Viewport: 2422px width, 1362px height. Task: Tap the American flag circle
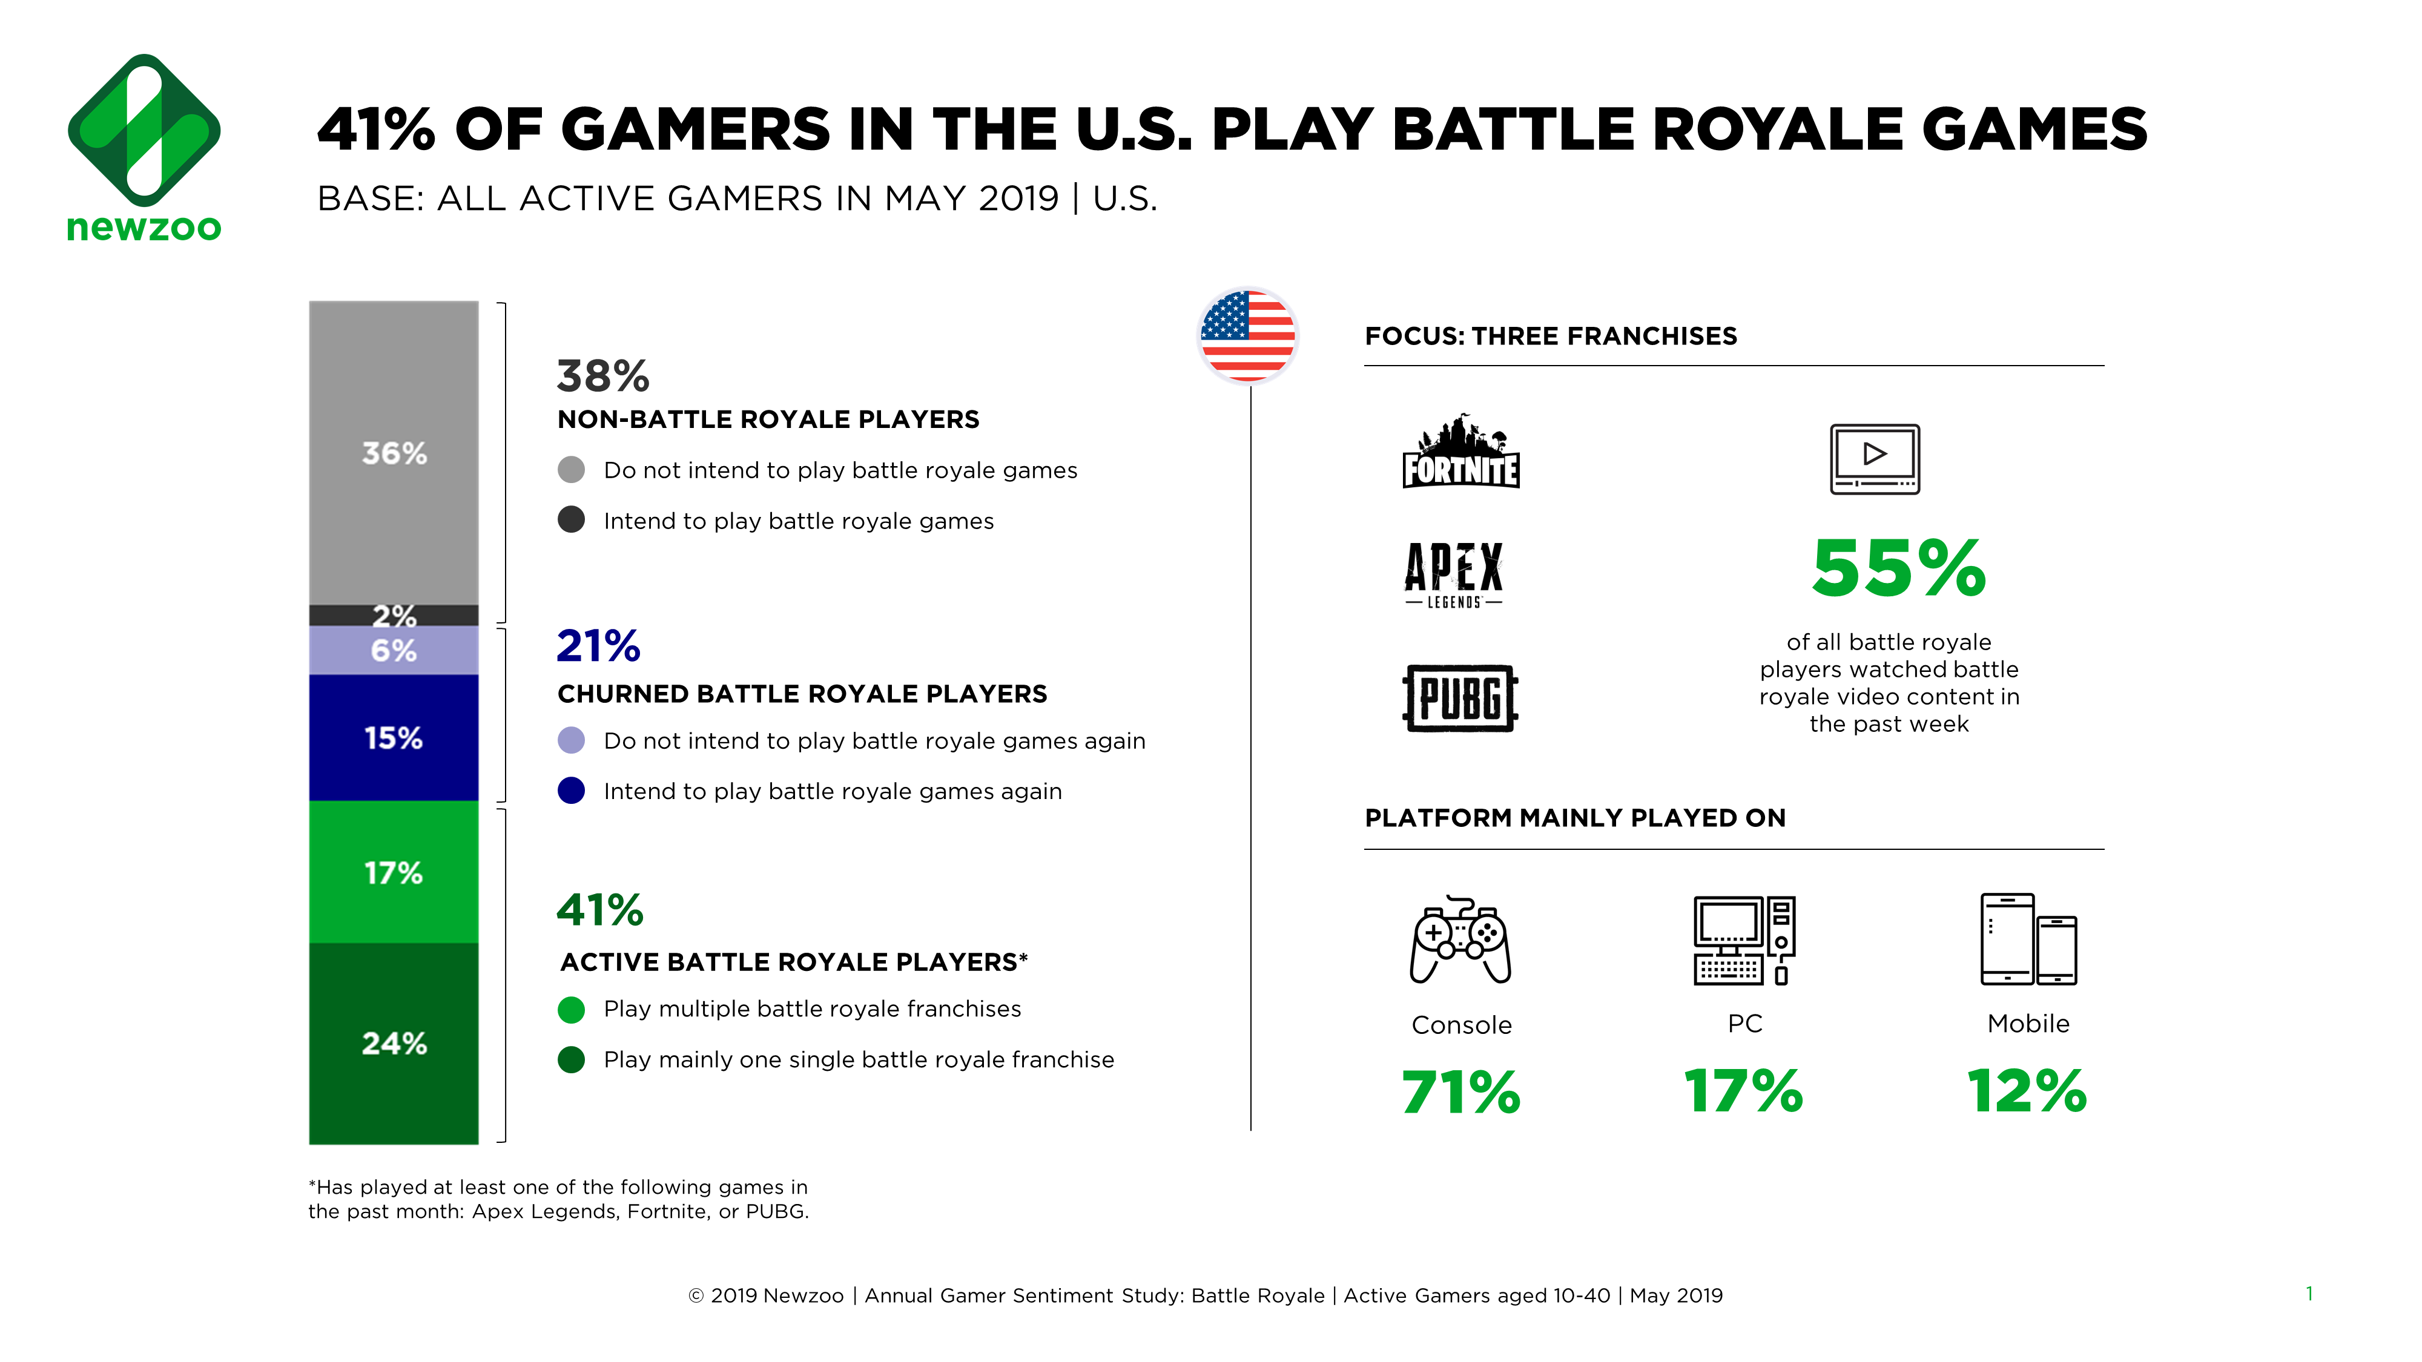click(x=1248, y=335)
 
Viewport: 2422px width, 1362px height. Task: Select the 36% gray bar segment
click(x=393, y=453)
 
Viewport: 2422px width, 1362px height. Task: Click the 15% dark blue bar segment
click(x=393, y=738)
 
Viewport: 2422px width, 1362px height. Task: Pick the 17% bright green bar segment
click(x=393, y=872)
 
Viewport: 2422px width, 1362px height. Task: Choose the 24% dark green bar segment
click(x=393, y=1044)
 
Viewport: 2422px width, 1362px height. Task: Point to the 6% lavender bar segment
click(x=393, y=651)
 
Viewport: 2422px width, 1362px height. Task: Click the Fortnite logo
click(x=1460, y=452)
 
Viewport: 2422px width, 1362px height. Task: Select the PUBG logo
click(x=1460, y=697)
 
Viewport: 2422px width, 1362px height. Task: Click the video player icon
click(x=1874, y=459)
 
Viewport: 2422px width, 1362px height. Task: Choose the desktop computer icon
click(x=1744, y=940)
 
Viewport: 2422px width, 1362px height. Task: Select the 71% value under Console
click(x=1460, y=1092)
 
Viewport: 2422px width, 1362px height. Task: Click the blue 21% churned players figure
click(x=598, y=646)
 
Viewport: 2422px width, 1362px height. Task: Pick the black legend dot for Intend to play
click(x=571, y=520)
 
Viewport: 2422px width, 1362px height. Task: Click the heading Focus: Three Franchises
click(x=1551, y=337)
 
